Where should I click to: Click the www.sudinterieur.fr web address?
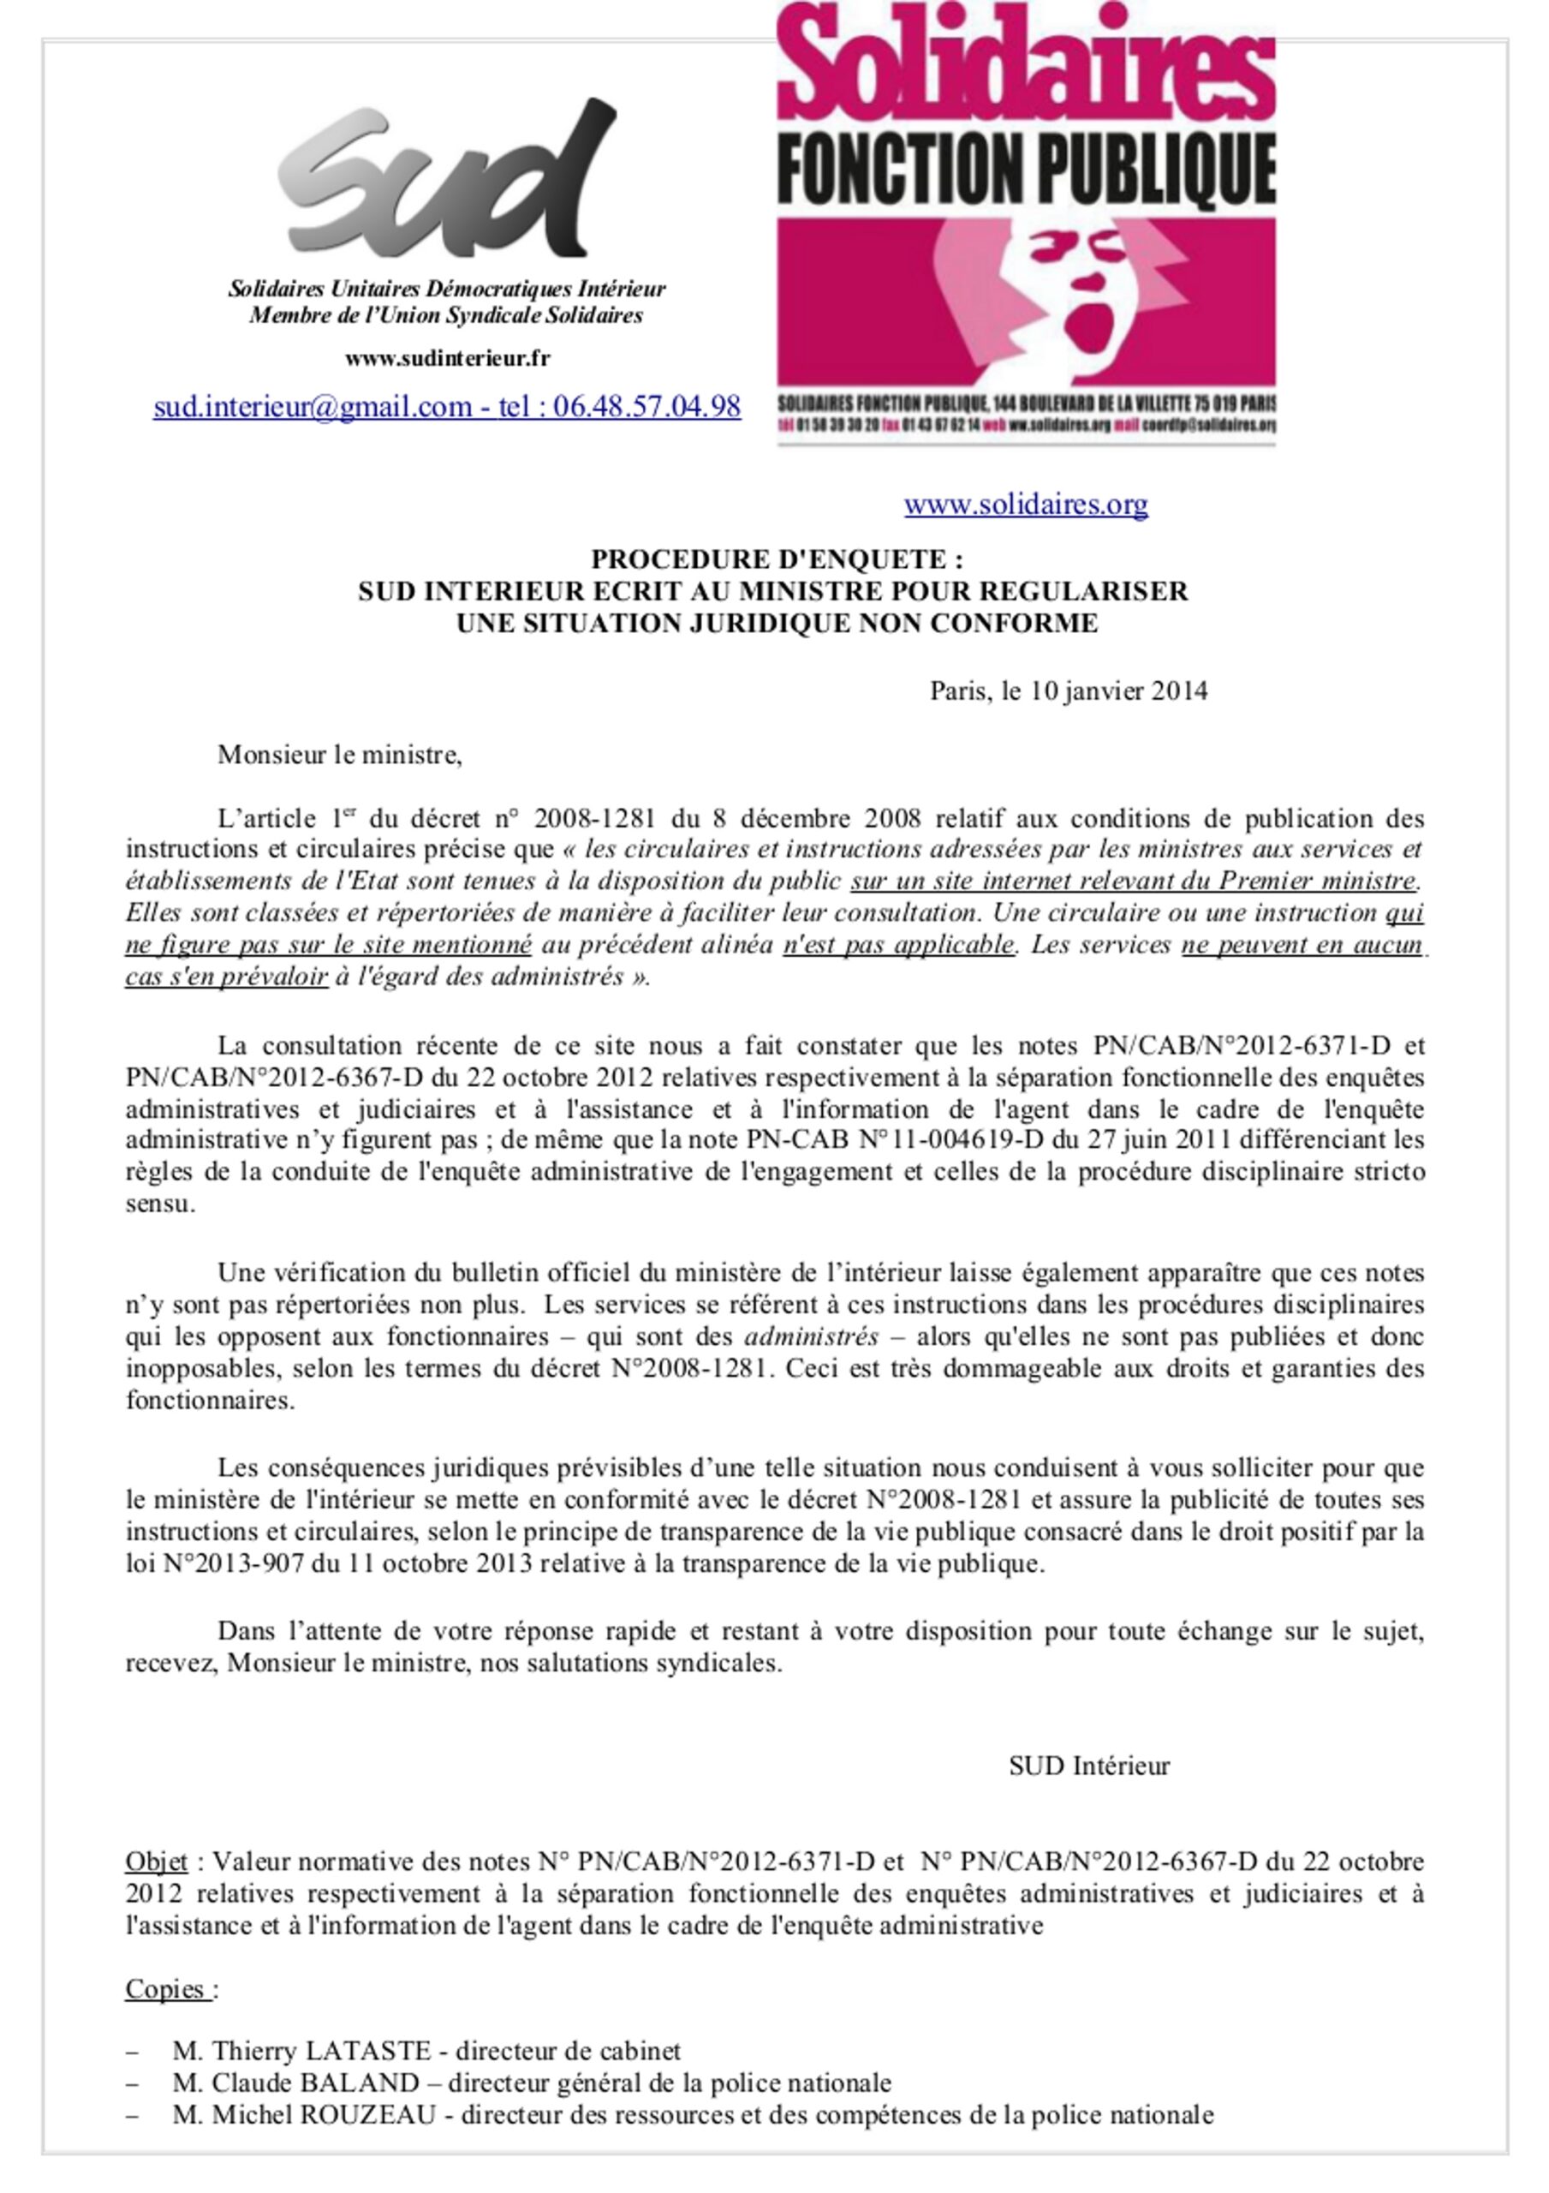pos(447,359)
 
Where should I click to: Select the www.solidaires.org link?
pos(1026,505)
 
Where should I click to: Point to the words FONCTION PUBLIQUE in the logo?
pos(1027,168)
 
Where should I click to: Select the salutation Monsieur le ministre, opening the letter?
pos(340,755)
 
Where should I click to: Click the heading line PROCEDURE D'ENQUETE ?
pos(777,559)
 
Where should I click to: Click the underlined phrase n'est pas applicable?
pos(897,945)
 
